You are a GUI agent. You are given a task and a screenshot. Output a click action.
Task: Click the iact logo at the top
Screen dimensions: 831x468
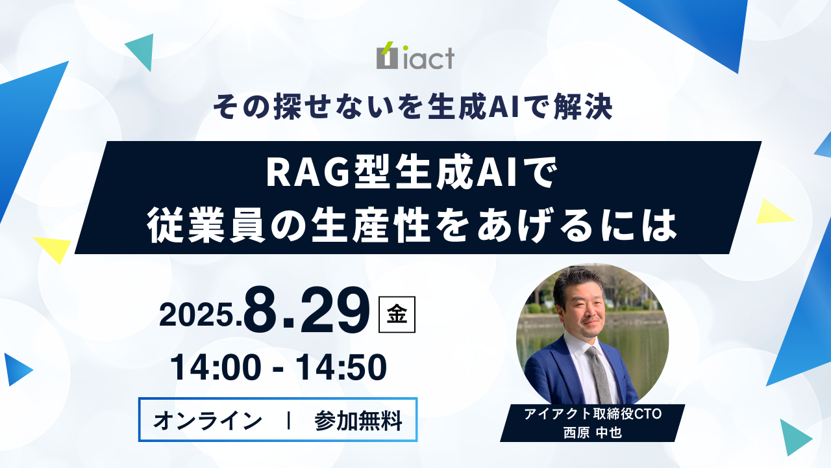pos(415,56)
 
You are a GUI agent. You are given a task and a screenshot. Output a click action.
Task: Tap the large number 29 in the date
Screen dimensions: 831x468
pos(335,311)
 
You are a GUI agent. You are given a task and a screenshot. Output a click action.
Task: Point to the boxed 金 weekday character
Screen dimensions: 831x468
pos(397,314)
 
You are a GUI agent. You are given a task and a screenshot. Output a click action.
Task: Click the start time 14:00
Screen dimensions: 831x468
pos(215,368)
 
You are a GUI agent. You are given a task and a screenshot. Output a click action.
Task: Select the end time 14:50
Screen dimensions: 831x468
pos(341,368)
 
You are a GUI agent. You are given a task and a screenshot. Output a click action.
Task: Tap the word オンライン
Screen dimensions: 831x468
pos(208,421)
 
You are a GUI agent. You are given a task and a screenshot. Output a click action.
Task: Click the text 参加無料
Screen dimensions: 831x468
pos(358,421)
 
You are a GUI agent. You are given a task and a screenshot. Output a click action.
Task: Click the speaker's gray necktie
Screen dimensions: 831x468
pos(598,374)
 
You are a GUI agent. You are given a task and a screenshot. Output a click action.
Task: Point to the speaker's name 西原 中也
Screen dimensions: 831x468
pos(593,433)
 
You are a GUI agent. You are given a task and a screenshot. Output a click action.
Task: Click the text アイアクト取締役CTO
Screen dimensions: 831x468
pos(593,414)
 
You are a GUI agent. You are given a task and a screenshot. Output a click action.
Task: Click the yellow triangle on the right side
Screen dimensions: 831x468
pos(773,212)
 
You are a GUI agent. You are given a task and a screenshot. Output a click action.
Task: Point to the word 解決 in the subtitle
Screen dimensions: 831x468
pos(582,108)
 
